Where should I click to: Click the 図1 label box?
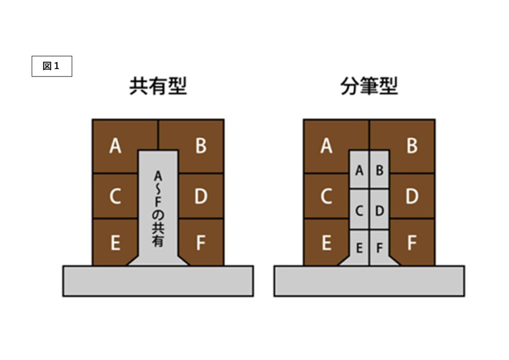tap(52, 66)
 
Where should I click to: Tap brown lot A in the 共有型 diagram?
tap(115, 146)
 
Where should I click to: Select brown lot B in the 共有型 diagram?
tap(201, 146)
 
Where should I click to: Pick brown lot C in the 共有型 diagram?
tap(115, 197)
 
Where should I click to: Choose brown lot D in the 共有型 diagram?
tap(201, 197)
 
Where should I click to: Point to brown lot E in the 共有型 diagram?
tap(115, 243)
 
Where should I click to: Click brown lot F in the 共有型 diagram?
tap(201, 243)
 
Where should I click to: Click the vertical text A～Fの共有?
tap(158, 209)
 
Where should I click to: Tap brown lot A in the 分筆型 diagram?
tap(326, 146)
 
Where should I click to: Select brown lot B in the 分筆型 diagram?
tap(412, 146)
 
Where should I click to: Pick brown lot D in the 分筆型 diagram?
tap(412, 197)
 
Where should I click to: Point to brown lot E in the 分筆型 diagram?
tap(326, 243)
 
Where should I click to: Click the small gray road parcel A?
tap(359, 170)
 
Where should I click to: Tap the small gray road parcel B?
tap(379, 170)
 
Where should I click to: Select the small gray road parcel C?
tap(359, 210)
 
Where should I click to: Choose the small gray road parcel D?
tap(379, 210)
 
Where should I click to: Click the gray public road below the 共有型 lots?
tap(158, 281)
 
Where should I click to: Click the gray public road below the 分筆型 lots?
tap(369, 281)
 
